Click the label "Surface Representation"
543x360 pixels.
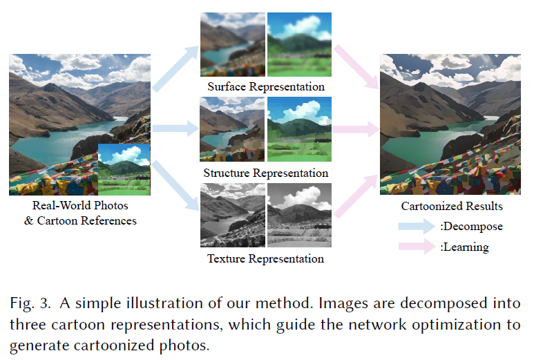(266, 87)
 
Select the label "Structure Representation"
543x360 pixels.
(266, 173)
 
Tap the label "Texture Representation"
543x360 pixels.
(266, 259)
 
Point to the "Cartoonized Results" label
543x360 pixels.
(452, 206)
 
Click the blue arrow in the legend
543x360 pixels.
(417, 225)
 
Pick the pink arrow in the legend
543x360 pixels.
(417, 247)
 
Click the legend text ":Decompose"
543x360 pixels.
(471, 226)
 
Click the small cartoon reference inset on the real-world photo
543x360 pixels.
(124, 170)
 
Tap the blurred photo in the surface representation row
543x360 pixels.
(231, 45)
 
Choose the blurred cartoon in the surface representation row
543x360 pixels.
(299, 45)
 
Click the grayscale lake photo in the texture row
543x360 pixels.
(231, 215)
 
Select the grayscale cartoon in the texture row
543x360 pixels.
(299, 215)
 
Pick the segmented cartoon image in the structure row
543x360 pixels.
(299, 130)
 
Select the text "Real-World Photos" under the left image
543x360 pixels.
(80, 206)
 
